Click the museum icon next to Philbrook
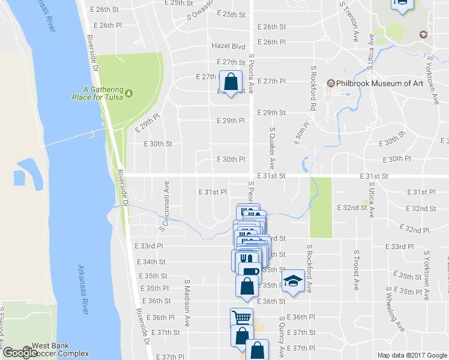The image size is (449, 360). pos(330,83)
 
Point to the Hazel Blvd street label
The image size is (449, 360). pos(229,46)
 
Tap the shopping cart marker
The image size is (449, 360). pos(241,317)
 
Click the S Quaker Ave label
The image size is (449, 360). pos(272,148)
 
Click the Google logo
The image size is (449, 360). pos(20,353)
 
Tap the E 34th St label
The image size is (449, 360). pos(151,262)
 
